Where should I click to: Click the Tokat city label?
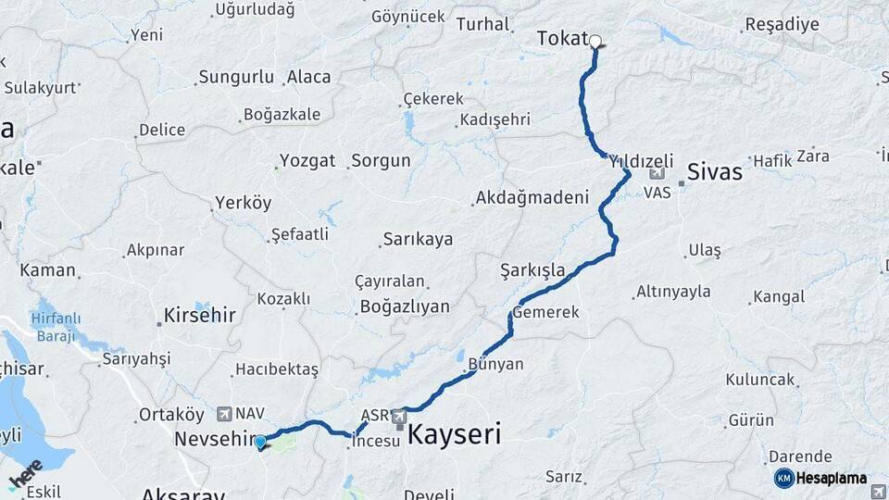[x=562, y=39]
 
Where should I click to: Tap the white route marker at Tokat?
[x=595, y=41]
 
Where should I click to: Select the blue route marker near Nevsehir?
[x=260, y=442]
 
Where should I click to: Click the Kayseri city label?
[x=455, y=433]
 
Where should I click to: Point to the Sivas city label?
[x=714, y=172]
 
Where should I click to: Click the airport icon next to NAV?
[x=225, y=413]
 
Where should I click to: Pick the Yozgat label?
[x=307, y=161]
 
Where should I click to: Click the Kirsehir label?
[x=201, y=316]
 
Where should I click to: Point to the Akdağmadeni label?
[x=532, y=198]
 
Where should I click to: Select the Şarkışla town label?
[x=532, y=270]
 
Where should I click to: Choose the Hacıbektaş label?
[x=276, y=369]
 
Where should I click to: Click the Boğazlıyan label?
[x=404, y=306]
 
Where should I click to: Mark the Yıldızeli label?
[x=641, y=160]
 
